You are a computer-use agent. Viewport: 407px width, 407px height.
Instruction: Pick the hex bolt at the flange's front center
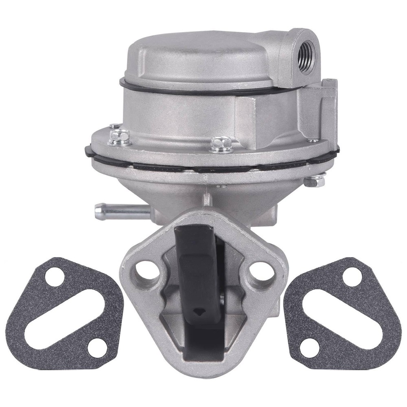[x=221, y=144]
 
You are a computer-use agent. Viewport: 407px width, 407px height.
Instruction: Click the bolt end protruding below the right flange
[x=315, y=180]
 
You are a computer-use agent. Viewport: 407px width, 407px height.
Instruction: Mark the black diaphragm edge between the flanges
[x=212, y=167]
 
